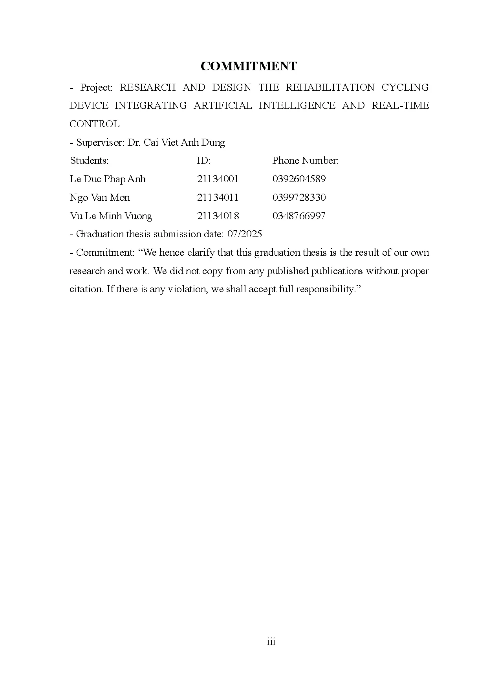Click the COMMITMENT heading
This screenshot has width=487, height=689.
tap(249, 66)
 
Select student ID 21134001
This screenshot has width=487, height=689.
tap(218, 179)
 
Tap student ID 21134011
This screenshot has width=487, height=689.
tap(218, 198)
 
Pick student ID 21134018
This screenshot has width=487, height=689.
tap(218, 216)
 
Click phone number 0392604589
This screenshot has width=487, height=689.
tap(299, 179)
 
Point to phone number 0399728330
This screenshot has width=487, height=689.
tap(299, 198)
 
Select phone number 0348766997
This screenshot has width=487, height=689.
tap(298, 216)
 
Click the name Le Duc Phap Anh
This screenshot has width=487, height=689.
tap(108, 179)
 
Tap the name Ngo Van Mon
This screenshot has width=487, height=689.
tap(100, 198)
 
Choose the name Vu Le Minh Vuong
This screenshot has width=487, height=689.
tap(111, 216)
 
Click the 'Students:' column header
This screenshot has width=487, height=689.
tap(89, 161)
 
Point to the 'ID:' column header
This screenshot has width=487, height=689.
tap(204, 161)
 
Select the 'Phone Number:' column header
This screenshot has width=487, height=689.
tap(305, 161)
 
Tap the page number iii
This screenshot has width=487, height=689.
tap(271, 642)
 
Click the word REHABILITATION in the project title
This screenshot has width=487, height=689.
tap(330, 87)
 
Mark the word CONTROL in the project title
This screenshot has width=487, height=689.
tap(94, 124)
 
